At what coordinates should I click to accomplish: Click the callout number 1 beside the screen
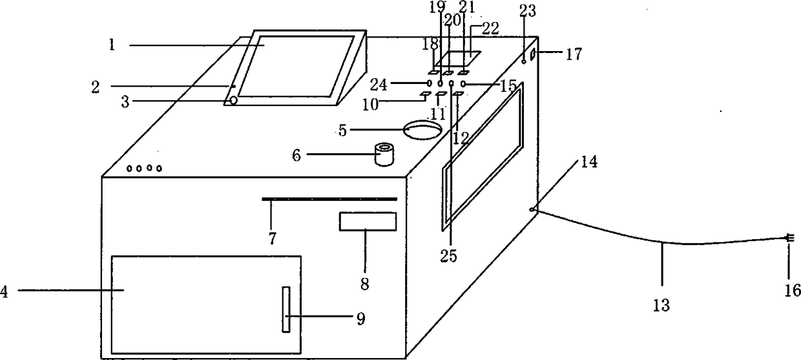[x=112, y=46]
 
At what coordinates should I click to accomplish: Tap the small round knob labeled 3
[x=233, y=101]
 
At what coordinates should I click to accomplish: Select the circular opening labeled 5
[x=422, y=129]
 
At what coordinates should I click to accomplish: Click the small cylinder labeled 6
[x=385, y=155]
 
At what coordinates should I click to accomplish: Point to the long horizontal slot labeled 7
[x=329, y=199]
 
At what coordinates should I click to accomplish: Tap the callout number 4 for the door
[x=5, y=291]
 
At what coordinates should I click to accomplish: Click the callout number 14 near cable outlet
[x=589, y=162]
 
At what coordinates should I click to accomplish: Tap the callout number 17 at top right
[x=574, y=54]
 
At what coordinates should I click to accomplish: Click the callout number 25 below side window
[x=450, y=257]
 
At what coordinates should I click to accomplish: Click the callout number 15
[x=508, y=85]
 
